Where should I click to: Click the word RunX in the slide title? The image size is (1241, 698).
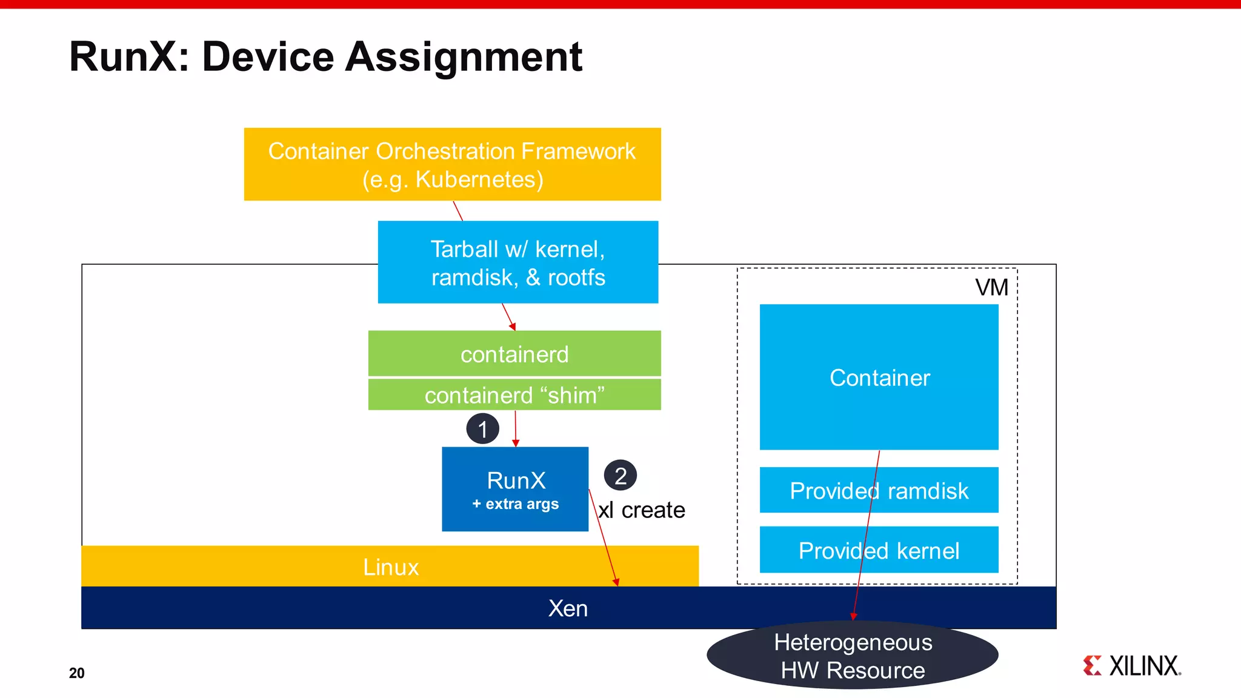tap(124, 57)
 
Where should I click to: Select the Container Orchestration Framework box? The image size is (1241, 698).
tap(452, 164)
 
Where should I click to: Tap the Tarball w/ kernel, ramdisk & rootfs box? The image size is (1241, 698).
tap(517, 262)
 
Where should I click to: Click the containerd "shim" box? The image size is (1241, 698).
tap(514, 395)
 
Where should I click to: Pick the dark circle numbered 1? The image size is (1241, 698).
tap(482, 429)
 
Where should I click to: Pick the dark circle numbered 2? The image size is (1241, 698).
tap(620, 476)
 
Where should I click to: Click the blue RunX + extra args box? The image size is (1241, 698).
tap(515, 490)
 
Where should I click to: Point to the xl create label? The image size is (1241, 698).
tap(642, 510)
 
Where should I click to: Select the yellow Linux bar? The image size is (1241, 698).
tap(390, 567)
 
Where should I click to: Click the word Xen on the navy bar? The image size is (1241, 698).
tap(568, 608)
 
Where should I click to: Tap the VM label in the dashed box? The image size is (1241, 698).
tap(991, 287)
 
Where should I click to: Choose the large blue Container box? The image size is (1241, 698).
tap(879, 377)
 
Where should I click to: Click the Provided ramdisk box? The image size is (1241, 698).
tap(879, 490)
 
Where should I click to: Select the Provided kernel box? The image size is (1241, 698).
tap(879, 550)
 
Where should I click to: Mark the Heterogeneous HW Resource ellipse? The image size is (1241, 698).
tap(852, 656)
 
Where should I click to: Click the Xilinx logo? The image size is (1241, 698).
tap(1132, 665)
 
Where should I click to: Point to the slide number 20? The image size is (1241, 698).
tap(77, 673)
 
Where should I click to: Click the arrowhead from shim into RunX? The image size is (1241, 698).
tap(516, 444)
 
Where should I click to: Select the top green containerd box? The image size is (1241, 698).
tap(514, 354)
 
